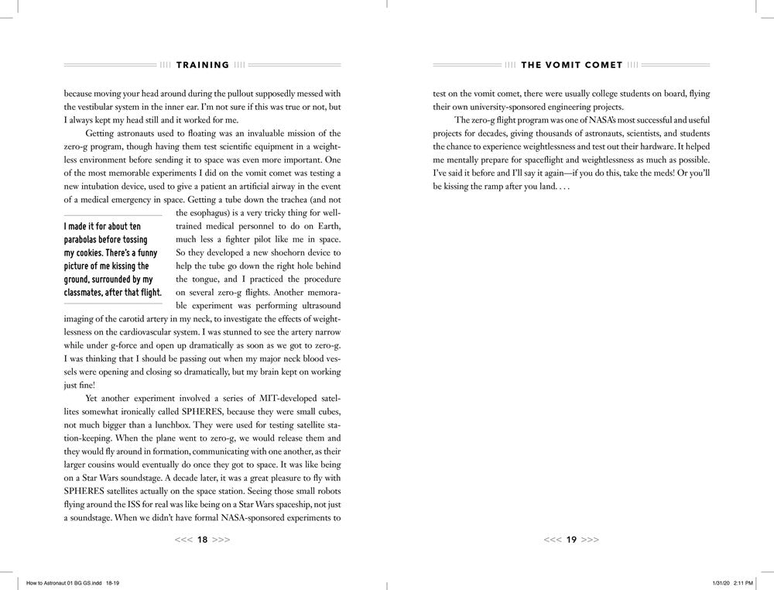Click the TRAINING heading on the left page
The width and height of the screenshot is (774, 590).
(x=203, y=65)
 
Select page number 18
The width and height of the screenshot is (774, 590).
(x=203, y=540)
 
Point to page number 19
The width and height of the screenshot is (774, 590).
(x=572, y=540)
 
